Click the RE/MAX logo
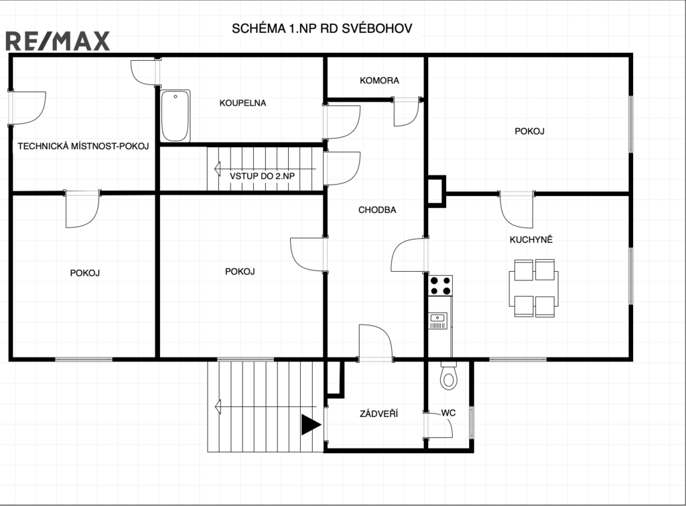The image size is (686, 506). click(x=58, y=41)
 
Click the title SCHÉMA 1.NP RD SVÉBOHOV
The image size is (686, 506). click(x=322, y=28)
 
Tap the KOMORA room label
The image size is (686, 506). click(x=379, y=80)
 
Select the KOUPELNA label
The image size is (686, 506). click(x=243, y=103)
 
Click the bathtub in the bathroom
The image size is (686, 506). click(x=175, y=116)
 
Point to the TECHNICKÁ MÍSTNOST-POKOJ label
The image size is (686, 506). click(x=83, y=146)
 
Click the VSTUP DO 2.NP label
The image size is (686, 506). click(x=262, y=176)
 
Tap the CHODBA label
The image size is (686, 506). click(x=377, y=209)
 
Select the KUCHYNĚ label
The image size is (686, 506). click(x=531, y=240)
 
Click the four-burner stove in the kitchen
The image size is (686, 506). click(x=440, y=286)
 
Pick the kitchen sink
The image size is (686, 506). click(x=438, y=321)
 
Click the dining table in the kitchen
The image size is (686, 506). click(x=534, y=288)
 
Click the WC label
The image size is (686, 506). click(x=448, y=413)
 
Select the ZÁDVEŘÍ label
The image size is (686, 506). click(x=379, y=414)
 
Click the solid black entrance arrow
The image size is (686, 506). click(x=311, y=425)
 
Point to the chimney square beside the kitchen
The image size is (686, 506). click(x=436, y=191)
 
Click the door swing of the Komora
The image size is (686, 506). click(x=407, y=112)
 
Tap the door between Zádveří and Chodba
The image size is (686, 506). click(x=375, y=343)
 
